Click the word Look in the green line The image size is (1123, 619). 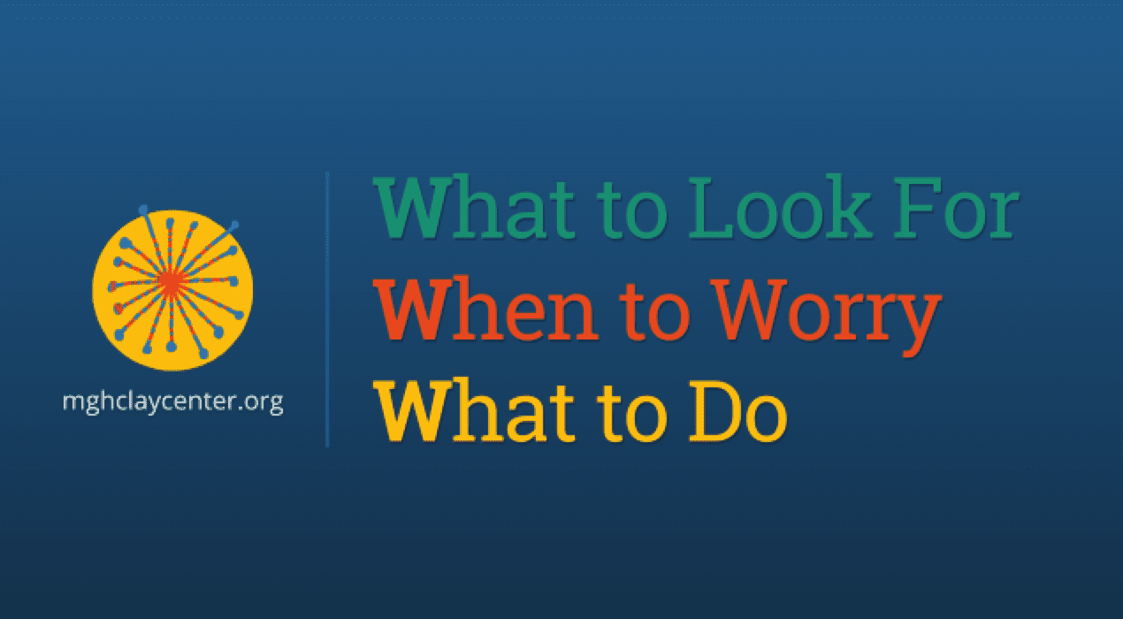pyautogui.click(x=780, y=207)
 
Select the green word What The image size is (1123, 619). pyautogui.click(x=474, y=207)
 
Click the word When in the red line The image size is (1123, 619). pyautogui.click(x=485, y=309)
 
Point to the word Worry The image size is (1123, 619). pyautogui.click(x=827, y=317)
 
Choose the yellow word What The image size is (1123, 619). pyautogui.click(x=474, y=411)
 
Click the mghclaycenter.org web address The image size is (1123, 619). pyautogui.click(x=173, y=402)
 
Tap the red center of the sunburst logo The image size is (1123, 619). pyautogui.click(x=172, y=284)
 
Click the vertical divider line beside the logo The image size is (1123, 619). pyautogui.click(x=327, y=309)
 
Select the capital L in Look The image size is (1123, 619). pyautogui.click(x=712, y=207)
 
